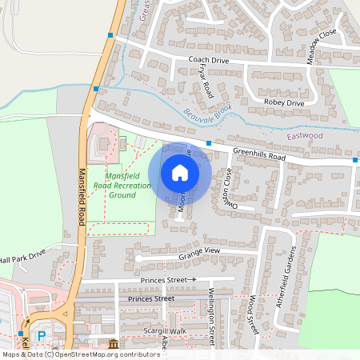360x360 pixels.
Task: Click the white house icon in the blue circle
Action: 180,172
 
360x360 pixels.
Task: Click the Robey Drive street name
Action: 285,103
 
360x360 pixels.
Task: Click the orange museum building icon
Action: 112,344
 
